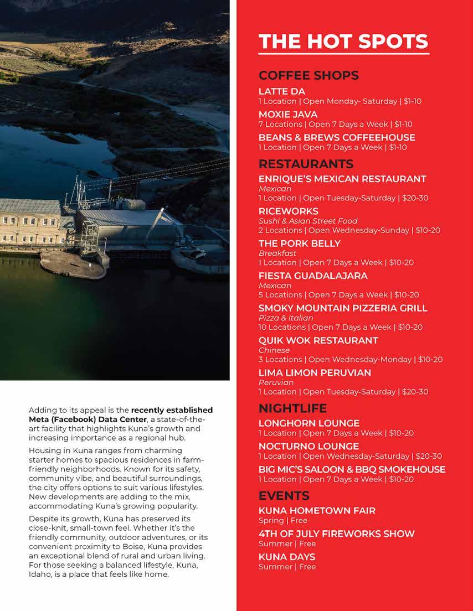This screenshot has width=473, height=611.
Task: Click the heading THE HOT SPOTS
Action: (343, 42)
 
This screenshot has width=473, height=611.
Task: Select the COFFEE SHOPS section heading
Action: (309, 75)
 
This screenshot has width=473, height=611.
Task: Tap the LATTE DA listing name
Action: (282, 91)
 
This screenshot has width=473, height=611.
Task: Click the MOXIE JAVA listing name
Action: (288, 115)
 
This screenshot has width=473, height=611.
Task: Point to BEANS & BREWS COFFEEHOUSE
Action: (337, 137)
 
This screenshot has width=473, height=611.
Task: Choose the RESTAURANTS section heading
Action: (306, 164)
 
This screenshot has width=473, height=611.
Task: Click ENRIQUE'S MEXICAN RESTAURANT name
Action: (342, 179)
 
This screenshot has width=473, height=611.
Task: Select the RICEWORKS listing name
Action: (289, 211)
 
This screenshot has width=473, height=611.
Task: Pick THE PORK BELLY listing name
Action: (300, 244)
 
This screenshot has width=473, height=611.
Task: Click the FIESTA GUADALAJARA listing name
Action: (313, 276)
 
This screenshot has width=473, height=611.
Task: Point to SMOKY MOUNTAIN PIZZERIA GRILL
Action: (343, 308)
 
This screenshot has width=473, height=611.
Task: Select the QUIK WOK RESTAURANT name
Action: (318, 340)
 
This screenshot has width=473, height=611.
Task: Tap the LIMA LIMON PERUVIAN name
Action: (315, 372)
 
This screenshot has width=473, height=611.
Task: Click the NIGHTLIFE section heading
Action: (292, 408)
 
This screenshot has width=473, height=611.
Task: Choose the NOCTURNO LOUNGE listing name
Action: (309, 446)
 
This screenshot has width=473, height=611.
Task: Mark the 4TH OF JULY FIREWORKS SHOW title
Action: (337, 534)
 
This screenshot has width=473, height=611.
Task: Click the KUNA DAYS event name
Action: (287, 557)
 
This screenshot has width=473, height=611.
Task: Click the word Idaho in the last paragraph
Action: (39, 574)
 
